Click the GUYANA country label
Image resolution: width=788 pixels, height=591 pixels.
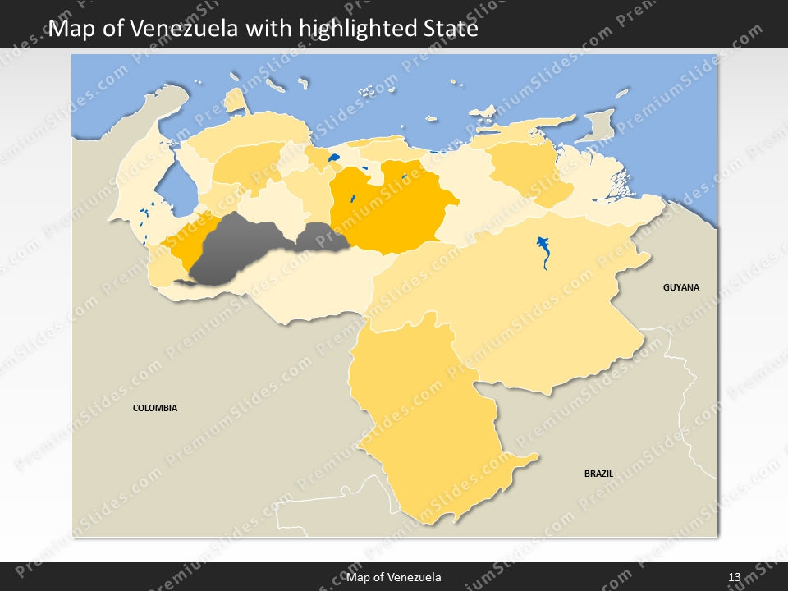(x=681, y=287)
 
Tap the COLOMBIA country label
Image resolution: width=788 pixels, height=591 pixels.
(x=155, y=408)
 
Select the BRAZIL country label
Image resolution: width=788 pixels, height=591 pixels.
(x=598, y=474)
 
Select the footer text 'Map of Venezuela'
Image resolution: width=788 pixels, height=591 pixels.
(x=394, y=577)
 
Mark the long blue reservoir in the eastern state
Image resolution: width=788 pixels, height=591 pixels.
(x=543, y=250)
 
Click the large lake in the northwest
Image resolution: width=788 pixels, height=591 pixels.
(x=176, y=189)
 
